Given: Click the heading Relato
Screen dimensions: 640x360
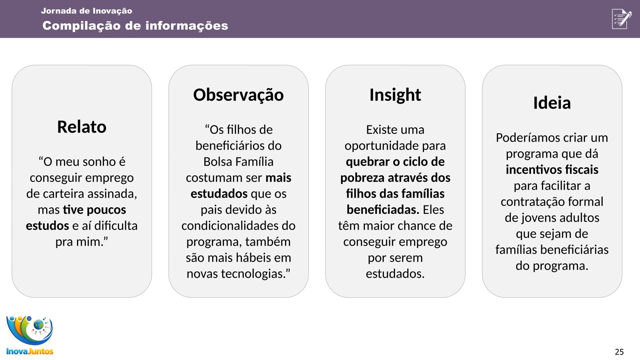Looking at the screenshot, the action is pos(82,127).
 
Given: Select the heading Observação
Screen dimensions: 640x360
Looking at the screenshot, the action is pos(238,95).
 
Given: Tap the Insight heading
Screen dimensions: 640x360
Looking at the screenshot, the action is pos(395,95).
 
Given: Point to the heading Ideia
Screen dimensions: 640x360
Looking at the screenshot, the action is pos(552,103).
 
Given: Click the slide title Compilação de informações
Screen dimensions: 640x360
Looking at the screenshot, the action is pos(135,26).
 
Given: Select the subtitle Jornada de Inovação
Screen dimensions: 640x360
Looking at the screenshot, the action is pos(87,11).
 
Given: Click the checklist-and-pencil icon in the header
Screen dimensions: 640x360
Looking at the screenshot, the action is pos(622,19).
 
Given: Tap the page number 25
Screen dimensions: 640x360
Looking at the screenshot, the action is pos(619,352).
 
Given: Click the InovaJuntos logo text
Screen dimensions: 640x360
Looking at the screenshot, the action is pos(30,351).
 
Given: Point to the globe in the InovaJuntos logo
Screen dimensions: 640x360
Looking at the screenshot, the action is pos(39,324).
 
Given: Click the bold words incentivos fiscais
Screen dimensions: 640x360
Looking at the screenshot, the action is pos(552,170).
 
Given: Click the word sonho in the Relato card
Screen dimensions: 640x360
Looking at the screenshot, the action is pos(100,162).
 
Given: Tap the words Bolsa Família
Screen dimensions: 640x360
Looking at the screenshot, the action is pos(238,162).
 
